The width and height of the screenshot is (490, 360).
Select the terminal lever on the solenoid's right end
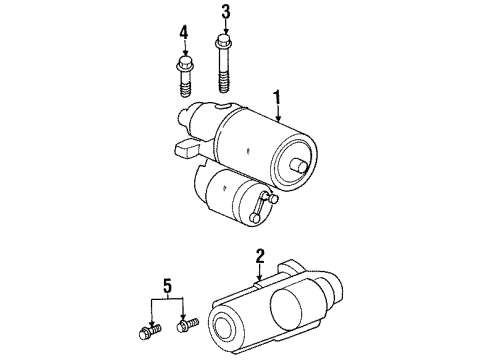coord(266,206)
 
